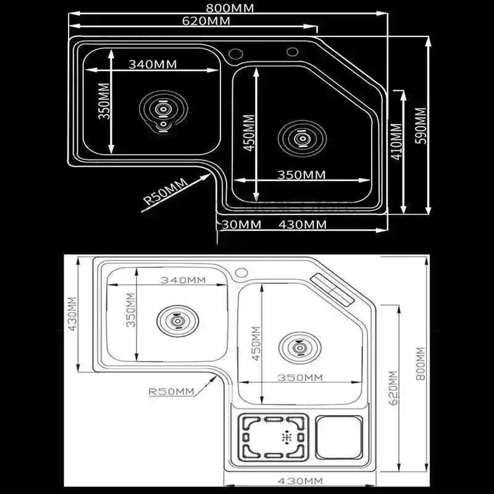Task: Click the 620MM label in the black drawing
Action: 207,21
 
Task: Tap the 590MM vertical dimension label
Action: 421,126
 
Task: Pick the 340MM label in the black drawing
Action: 153,64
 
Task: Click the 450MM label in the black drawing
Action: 248,135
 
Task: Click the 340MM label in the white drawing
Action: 183,280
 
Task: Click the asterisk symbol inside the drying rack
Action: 286,437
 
